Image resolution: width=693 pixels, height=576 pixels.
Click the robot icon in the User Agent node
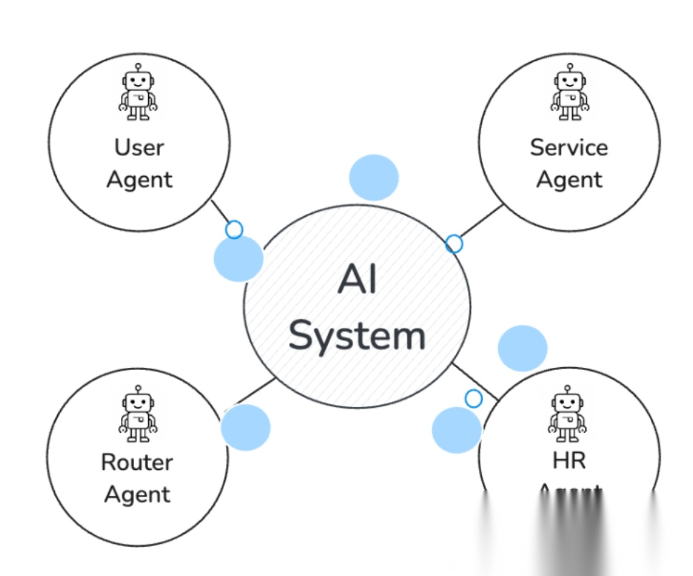pos(138,92)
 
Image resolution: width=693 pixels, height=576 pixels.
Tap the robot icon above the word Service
pos(570,92)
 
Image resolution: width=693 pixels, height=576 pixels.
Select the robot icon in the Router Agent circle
pos(137,413)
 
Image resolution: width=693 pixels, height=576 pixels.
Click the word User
pos(139,147)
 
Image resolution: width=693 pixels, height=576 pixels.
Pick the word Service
pos(569,147)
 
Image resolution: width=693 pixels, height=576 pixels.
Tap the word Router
pos(137,462)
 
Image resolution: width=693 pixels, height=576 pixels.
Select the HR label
pos(569,461)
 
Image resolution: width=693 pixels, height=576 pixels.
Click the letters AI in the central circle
pos(357,280)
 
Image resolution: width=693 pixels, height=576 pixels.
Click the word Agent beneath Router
pos(137,494)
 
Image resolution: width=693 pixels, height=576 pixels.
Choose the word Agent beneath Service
pos(569,179)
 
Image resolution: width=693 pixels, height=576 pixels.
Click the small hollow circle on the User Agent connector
pos(234,230)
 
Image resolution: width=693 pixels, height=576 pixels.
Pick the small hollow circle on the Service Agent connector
pos(454,244)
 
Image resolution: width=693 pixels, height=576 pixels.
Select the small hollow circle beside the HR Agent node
pos(473,398)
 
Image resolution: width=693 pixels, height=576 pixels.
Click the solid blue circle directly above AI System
pos(374,177)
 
